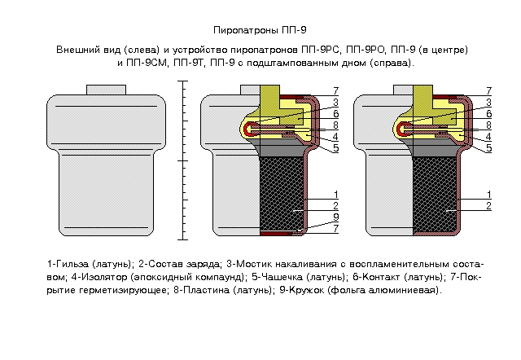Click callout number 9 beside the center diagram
click(x=335, y=217)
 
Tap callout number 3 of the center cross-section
click(x=335, y=103)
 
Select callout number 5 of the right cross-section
click(x=488, y=148)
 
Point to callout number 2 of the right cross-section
click(x=488, y=206)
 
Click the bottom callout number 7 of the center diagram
click(x=335, y=228)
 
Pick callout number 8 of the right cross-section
click(x=488, y=125)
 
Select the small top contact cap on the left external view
click(x=101, y=90)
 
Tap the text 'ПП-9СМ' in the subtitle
click(x=147, y=62)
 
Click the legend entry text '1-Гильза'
click(x=68, y=265)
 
